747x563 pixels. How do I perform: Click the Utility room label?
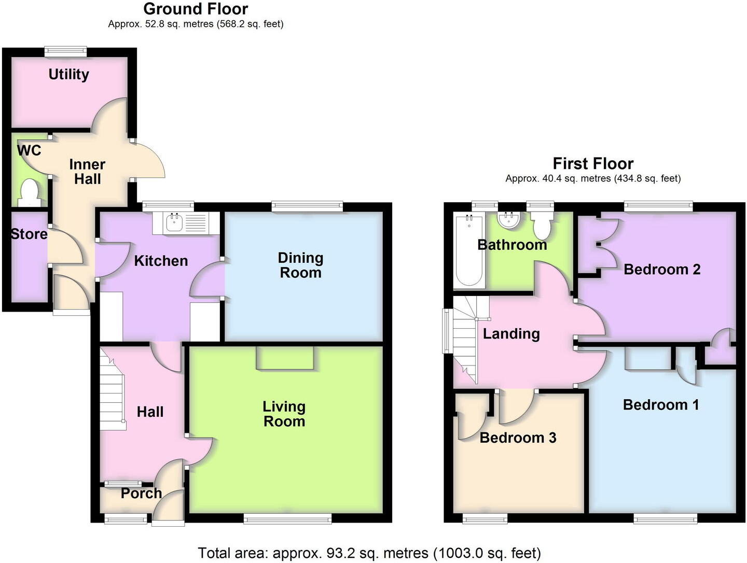click(x=68, y=75)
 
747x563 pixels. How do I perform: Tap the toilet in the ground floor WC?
click(x=29, y=191)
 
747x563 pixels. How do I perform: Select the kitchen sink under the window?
click(x=173, y=223)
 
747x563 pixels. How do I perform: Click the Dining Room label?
click(x=300, y=265)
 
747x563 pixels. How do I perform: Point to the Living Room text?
click(x=284, y=414)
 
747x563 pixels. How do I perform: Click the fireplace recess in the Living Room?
click(x=285, y=358)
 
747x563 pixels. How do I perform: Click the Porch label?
click(x=141, y=493)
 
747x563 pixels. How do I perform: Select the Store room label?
click(x=29, y=234)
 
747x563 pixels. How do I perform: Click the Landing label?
click(x=511, y=334)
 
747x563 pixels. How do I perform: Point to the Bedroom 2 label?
click(x=661, y=270)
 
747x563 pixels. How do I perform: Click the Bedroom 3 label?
click(x=517, y=438)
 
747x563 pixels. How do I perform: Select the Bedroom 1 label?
click(x=660, y=404)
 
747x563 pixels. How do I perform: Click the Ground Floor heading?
click(x=196, y=9)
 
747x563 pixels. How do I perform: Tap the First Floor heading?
click(x=593, y=164)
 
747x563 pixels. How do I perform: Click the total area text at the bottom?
click(x=369, y=553)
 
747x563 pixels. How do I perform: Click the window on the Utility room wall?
click(x=65, y=51)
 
